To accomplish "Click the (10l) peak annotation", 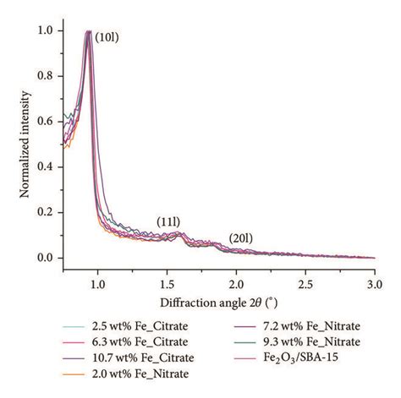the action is tap(107, 37).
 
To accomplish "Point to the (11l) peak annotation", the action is tap(168, 222).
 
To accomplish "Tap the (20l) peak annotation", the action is tap(240, 238).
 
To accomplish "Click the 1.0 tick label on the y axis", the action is tap(46, 30).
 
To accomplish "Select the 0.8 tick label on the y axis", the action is tap(46, 76).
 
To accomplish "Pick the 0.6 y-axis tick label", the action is tap(46, 122).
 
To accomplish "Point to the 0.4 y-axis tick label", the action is tap(46, 167).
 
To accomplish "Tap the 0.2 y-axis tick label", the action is tap(46, 212).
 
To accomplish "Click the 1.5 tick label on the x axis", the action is tap(167, 285).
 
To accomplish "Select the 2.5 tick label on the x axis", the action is tap(305, 285).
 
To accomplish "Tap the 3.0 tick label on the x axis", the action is tap(375, 285).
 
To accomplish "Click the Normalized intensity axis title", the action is tap(25, 144).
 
